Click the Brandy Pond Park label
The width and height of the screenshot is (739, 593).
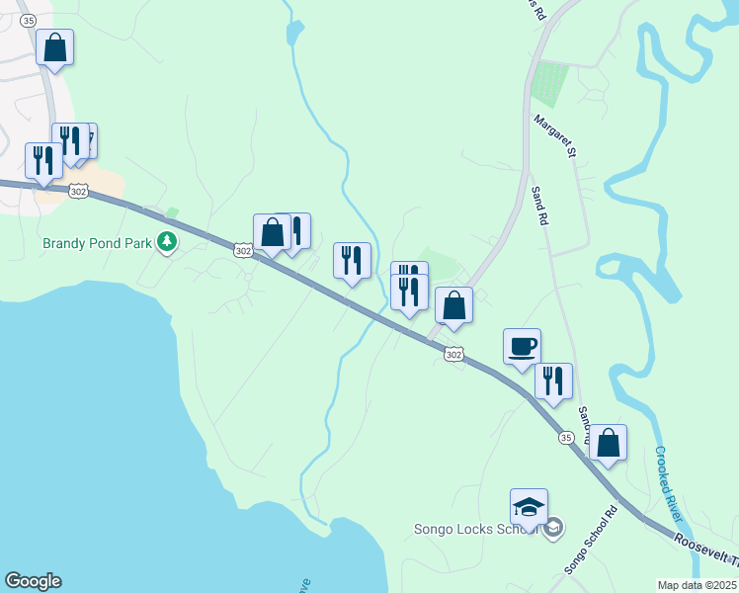pyautogui.click(x=98, y=242)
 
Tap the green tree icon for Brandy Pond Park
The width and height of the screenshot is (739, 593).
pyautogui.click(x=168, y=241)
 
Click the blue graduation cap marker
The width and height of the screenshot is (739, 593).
pyautogui.click(x=529, y=507)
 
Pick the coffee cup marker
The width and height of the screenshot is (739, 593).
pyautogui.click(x=522, y=347)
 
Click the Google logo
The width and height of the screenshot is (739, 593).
pyautogui.click(x=33, y=581)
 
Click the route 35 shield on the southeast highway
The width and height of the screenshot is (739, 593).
pyautogui.click(x=565, y=437)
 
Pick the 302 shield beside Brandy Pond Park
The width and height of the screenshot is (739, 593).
pyautogui.click(x=243, y=251)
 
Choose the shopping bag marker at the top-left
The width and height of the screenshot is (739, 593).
pyautogui.click(x=55, y=46)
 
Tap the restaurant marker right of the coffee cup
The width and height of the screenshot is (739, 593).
pyautogui.click(x=553, y=381)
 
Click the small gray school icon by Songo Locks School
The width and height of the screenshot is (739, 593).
pyautogui.click(x=554, y=528)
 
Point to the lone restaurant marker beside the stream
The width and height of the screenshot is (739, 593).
pyautogui.click(x=352, y=261)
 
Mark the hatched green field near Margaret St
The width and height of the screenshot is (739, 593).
pyautogui.click(x=549, y=84)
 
